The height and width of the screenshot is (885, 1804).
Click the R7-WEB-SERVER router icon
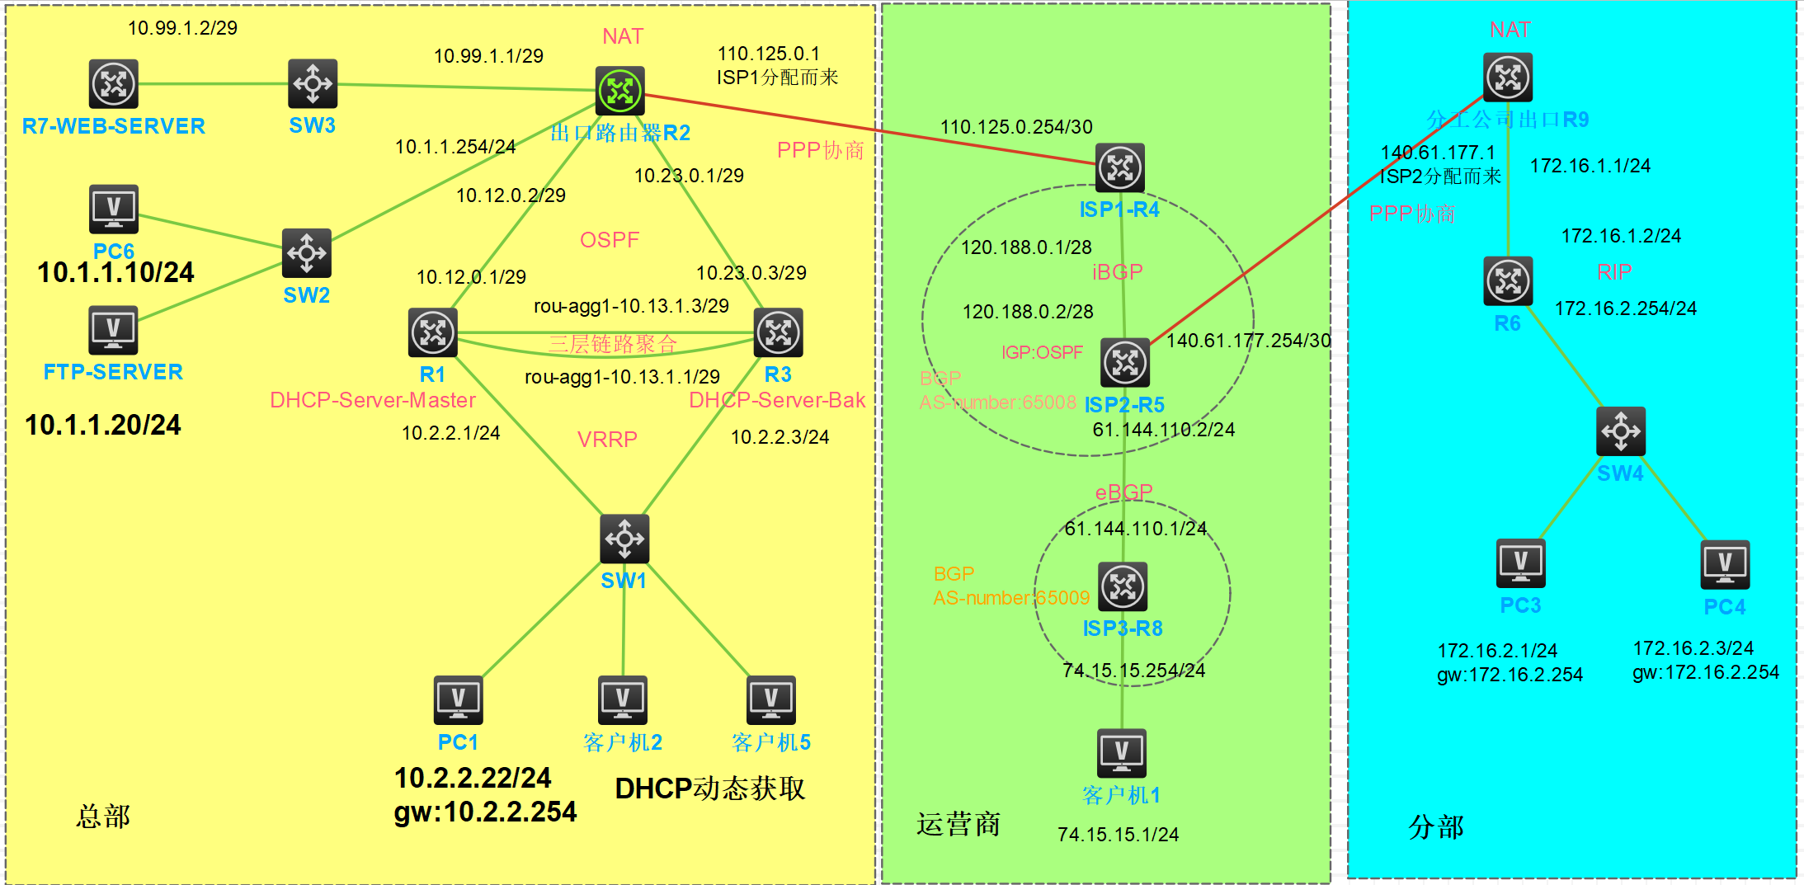[114, 83]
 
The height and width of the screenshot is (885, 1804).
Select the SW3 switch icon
[313, 83]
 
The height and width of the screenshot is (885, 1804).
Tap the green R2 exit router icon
[619, 91]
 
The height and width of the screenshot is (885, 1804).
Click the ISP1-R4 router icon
[1119, 167]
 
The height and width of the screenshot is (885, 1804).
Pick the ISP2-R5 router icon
[1125, 362]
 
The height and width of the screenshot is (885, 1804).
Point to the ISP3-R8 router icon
[1123, 586]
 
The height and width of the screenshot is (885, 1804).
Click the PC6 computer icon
[114, 209]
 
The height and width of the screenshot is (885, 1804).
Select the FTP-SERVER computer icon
[114, 330]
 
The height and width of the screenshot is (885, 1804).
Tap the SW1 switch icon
[624, 539]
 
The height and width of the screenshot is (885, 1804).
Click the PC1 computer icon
[459, 700]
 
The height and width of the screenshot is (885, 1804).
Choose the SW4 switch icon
[1621, 431]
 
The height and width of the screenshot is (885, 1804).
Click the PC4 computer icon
[1725, 565]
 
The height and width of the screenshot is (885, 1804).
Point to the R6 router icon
[1508, 281]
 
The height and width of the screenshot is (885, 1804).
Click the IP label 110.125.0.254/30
[1016, 127]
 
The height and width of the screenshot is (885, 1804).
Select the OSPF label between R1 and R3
[610, 240]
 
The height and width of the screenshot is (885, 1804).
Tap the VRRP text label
[607, 440]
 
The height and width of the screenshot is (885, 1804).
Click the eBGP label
[1123, 492]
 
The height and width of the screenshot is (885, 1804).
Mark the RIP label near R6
[1614, 272]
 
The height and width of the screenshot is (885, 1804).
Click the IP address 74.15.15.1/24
[1118, 835]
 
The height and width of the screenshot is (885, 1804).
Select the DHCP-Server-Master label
[373, 400]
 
